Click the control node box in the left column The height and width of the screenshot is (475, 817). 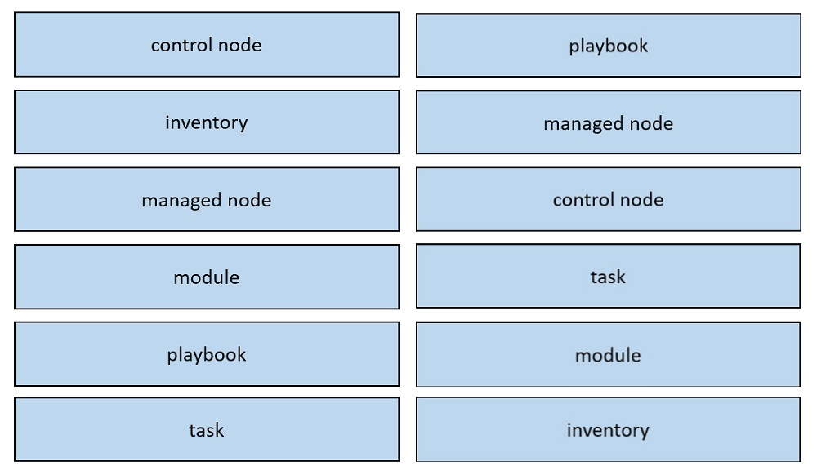point(207,45)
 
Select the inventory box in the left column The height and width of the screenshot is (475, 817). point(207,122)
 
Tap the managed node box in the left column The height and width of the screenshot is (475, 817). point(207,199)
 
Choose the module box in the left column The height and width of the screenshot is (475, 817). point(207,277)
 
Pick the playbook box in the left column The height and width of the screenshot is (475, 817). point(207,353)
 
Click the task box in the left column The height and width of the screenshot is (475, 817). point(207,430)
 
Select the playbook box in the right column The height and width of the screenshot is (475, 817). point(609,45)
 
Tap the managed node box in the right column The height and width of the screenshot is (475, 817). point(609,122)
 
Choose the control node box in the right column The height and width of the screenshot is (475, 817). point(609,199)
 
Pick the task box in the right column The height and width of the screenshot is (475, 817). point(609,276)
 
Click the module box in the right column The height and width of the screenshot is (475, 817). point(609,354)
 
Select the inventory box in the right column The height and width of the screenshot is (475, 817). point(609,430)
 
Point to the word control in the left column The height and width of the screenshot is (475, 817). point(182,45)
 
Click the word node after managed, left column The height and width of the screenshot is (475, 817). point(249,200)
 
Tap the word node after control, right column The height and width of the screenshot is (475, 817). point(641,200)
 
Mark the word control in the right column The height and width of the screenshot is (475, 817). point(583,200)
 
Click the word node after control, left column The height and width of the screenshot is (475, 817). point(239,45)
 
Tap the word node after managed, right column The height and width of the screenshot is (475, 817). point(651,123)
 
